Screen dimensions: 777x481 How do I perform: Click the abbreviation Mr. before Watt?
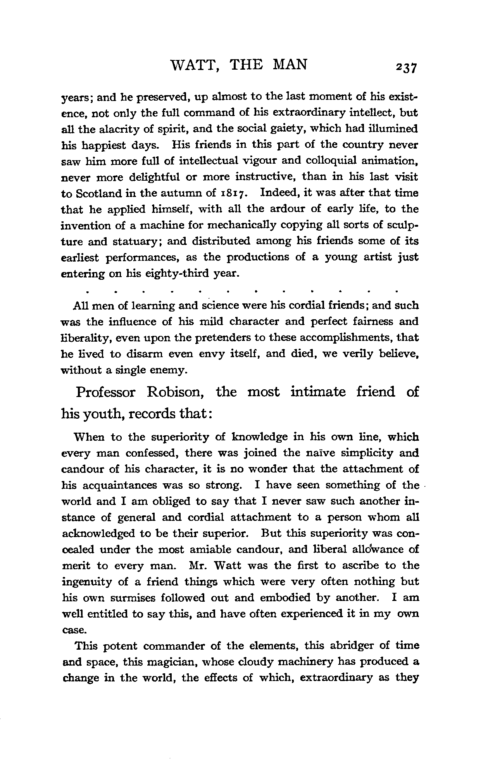(200, 566)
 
